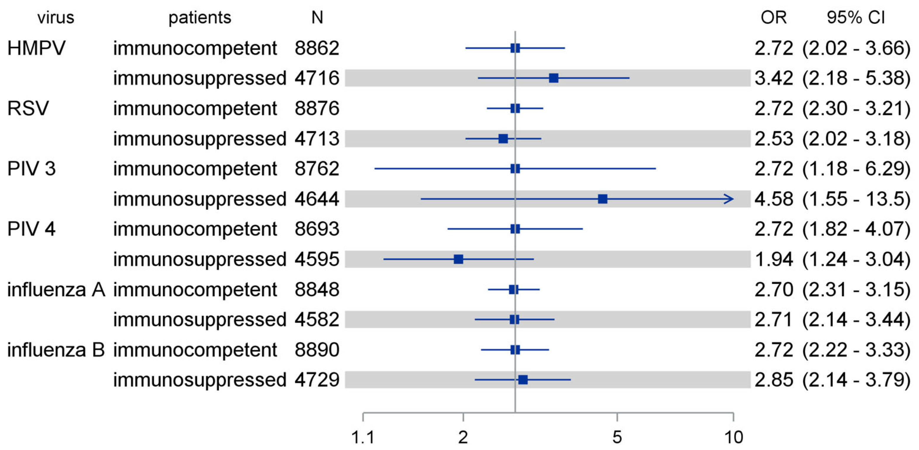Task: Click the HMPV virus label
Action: (36, 48)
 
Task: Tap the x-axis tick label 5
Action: (617, 437)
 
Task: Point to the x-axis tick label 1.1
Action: (363, 437)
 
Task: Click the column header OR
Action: (773, 17)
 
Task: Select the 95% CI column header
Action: (856, 17)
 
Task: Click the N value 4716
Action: (317, 78)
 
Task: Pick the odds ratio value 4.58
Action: (773, 199)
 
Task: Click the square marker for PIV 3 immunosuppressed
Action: (602, 199)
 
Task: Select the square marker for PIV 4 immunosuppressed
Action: (458, 259)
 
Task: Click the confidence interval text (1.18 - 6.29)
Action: (856, 169)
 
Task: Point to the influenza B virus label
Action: (56, 350)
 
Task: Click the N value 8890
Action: (317, 350)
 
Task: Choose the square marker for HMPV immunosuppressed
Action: (553, 78)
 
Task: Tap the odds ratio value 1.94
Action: (773, 259)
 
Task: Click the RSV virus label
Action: (28, 108)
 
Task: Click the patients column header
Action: (200, 17)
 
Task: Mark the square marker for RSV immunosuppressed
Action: (503, 139)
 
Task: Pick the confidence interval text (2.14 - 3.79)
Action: (856, 380)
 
